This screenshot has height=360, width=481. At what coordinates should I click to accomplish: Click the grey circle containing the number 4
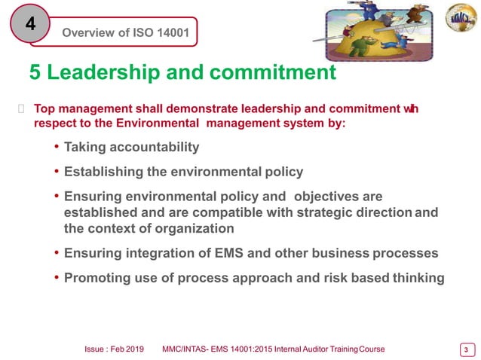29,24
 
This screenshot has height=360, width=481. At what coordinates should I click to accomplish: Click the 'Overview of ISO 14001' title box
124,32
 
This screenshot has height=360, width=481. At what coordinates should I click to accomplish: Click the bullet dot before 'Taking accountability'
57,147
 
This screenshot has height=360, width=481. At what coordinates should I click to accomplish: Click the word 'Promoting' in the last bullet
95,278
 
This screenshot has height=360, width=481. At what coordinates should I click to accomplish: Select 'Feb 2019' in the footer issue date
131,349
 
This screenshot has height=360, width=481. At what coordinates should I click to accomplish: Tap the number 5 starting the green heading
35,72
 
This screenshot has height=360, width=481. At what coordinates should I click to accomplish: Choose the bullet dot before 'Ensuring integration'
57,253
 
